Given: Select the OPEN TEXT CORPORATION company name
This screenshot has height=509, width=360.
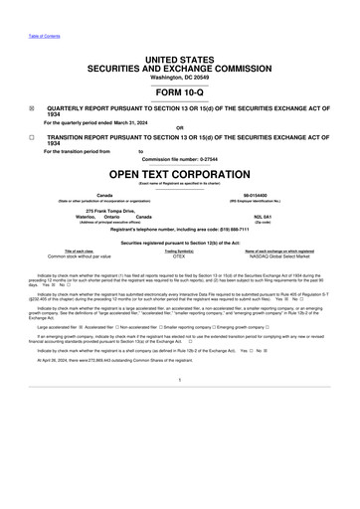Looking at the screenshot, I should [179, 173].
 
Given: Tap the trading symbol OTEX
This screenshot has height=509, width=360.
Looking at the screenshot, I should [179, 255].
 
